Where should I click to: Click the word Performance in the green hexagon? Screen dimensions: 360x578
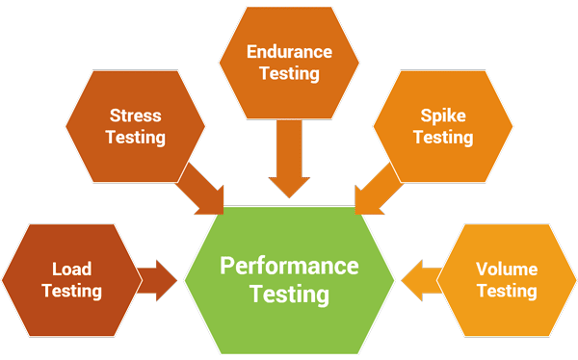289,266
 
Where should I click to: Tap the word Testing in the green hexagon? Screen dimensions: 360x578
289,293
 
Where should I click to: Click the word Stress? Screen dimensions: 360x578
135,116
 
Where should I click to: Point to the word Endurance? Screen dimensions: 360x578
289,52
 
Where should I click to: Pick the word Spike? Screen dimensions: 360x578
443,116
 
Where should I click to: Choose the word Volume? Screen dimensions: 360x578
507,270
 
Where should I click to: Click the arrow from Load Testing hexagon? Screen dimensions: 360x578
156,280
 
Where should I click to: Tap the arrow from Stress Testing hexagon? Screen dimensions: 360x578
203,189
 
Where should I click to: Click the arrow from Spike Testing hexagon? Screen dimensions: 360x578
374,189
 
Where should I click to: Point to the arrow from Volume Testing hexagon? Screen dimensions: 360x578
421,280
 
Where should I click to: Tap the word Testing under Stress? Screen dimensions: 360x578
135,138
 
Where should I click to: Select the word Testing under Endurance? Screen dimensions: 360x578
289,73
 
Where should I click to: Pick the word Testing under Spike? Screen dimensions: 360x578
443,138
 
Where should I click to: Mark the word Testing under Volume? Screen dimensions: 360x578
507,291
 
